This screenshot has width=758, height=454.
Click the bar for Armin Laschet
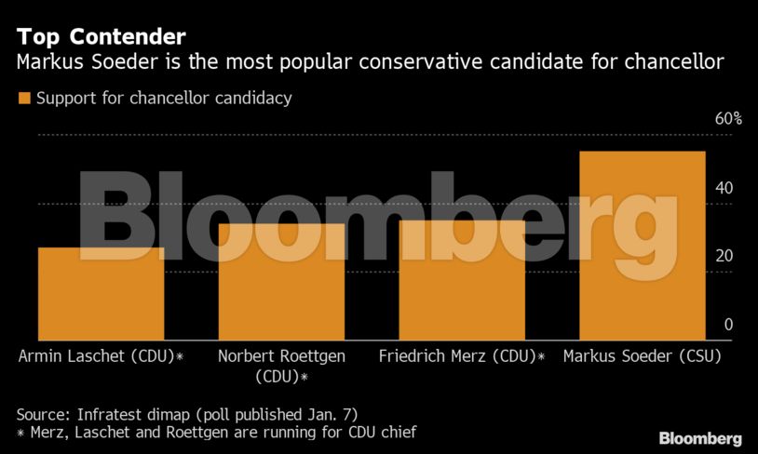point(101,293)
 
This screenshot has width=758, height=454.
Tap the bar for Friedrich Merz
point(462,279)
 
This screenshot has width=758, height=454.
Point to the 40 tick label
point(724,188)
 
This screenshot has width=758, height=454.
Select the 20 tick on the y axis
point(724,257)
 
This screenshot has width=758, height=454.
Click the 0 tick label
point(729,325)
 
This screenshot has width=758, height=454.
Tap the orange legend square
point(24,98)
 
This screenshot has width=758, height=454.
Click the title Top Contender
point(101,37)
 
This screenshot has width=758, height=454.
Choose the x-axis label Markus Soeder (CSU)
point(643,356)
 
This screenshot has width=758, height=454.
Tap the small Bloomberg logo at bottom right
point(700,438)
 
